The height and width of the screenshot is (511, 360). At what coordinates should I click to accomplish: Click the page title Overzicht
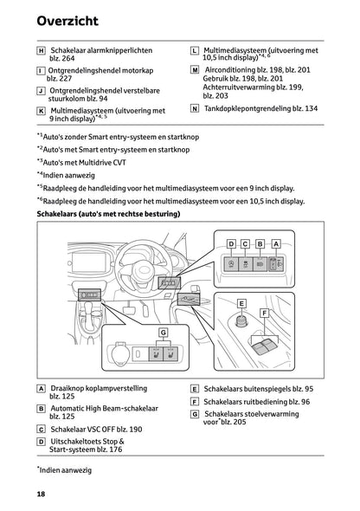pos(67,21)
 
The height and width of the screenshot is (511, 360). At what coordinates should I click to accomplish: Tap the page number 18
pos(41,494)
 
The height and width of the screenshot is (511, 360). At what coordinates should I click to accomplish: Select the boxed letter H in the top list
pos(41,51)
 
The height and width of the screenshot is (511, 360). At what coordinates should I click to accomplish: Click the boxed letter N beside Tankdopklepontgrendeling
pos(195,108)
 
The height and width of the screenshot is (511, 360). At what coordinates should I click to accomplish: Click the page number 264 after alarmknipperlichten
pos(68,59)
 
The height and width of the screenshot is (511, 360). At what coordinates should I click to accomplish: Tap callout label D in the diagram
pos(231,244)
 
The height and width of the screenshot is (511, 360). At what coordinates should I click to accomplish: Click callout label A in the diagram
pos(276,244)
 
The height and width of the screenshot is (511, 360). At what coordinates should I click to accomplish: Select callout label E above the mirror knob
pos(241,304)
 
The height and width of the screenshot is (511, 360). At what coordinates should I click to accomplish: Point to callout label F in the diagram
pos(264,314)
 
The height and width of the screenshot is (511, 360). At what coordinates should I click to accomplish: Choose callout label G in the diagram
pos(163,333)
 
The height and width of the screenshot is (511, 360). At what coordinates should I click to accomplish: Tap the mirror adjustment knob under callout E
pos(241,321)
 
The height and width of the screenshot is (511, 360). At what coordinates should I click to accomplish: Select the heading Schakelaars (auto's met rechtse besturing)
pos(108,214)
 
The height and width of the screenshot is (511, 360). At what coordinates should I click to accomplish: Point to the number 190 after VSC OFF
pos(135,430)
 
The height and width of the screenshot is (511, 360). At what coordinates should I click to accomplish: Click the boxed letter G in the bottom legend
pos(195,414)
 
